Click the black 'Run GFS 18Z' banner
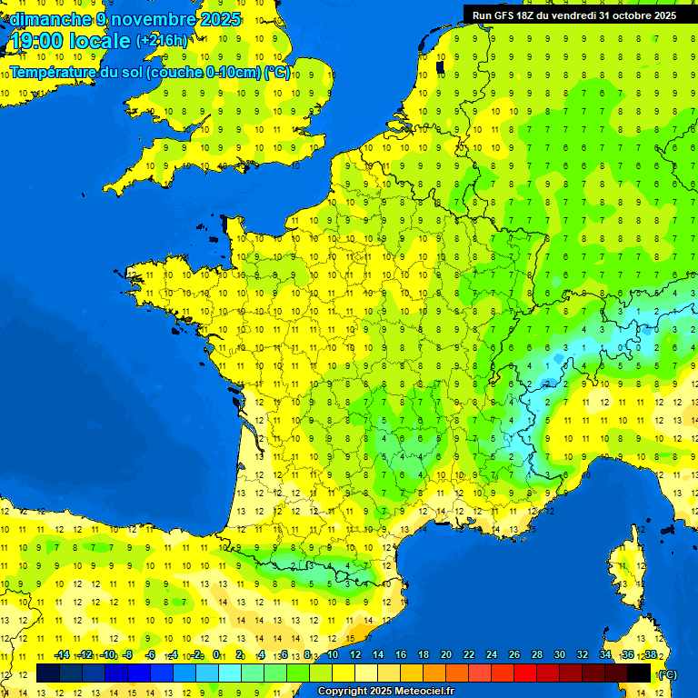pyautogui.click(x=573, y=15)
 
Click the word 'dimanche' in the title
pyautogui.click(x=47, y=19)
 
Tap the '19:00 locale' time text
pyautogui.click(x=70, y=41)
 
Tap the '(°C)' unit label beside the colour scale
pyautogui.click(x=666, y=673)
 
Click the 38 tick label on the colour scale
pyautogui.click(x=650, y=654)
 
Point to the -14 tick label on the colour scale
pyautogui.click(x=62, y=654)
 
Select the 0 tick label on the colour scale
pyautogui.click(x=216, y=654)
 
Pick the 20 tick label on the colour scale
pyautogui.click(x=446, y=654)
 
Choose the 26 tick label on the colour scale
pyautogui.click(x=514, y=654)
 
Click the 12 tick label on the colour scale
pyautogui.click(x=355, y=654)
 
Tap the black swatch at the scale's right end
pyautogui.click(x=639, y=673)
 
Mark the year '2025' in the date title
pyautogui.click(x=222, y=19)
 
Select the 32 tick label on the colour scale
pyautogui.click(x=583, y=654)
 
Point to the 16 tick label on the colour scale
pyautogui.click(x=401, y=654)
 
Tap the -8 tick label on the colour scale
pyautogui.click(x=129, y=654)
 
